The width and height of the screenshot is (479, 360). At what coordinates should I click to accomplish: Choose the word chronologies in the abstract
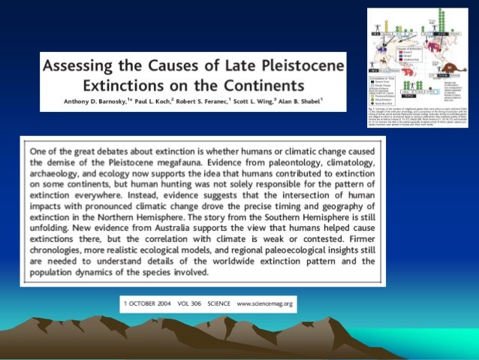[x=59, y=250]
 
